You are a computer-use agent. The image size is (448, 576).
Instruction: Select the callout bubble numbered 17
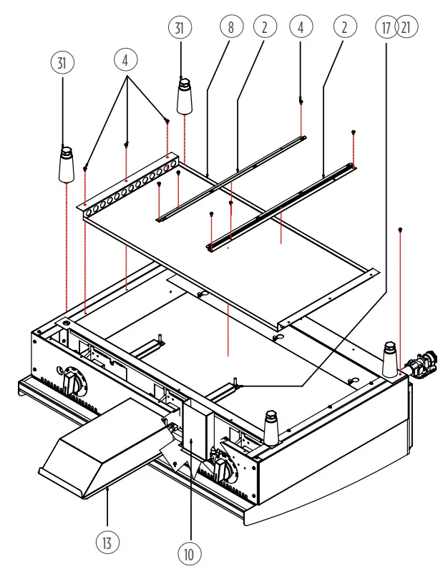(x=386, y=28)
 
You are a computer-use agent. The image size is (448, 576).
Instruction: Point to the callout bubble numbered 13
(x=106, y=543)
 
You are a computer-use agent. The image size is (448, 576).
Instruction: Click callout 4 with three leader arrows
(x=125, y=61)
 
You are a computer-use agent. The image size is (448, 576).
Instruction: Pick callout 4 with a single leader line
(x=301, y=28)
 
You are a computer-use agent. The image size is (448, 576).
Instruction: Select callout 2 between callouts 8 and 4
(x=264, y=28)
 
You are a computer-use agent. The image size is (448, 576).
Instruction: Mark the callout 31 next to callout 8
(x=180, y=28)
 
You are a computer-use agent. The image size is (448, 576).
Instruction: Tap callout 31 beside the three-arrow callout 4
(x=63, y=63)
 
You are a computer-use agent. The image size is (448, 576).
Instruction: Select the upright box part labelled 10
(x=194, y=436)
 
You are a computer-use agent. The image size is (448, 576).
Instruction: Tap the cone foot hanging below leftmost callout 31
(x=66, y=164)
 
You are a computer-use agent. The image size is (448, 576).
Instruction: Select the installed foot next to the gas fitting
(x=390, y=359)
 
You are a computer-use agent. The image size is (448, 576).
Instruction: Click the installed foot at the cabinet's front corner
(x=272, y=428)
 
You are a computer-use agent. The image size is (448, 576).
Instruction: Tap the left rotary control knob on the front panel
(x=73, y=381)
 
